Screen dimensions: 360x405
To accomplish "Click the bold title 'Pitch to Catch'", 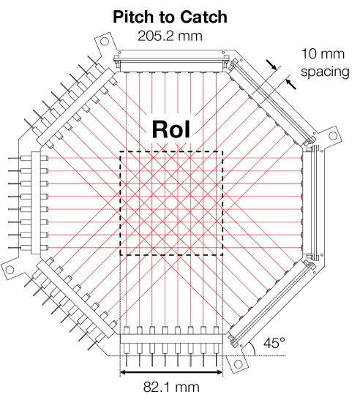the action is click(x=170, y=17).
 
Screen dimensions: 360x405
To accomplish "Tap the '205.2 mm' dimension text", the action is click(x=170, y=36).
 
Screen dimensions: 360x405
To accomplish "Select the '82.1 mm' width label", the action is click(x=171, y=387).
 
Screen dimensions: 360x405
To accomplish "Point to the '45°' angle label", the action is click(x=274, y=343).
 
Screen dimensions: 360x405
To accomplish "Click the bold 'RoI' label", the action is click(x=171, y=129).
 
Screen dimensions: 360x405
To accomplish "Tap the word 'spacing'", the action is click(x=325, y=72).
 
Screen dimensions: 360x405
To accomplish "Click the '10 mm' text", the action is click(x=323, y=54).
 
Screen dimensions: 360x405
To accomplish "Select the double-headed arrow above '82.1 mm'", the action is click(x=171, y=372).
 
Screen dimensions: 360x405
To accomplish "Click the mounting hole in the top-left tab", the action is click(x=105, y=42).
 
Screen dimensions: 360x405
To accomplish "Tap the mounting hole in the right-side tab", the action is click(x=333, y=135).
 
